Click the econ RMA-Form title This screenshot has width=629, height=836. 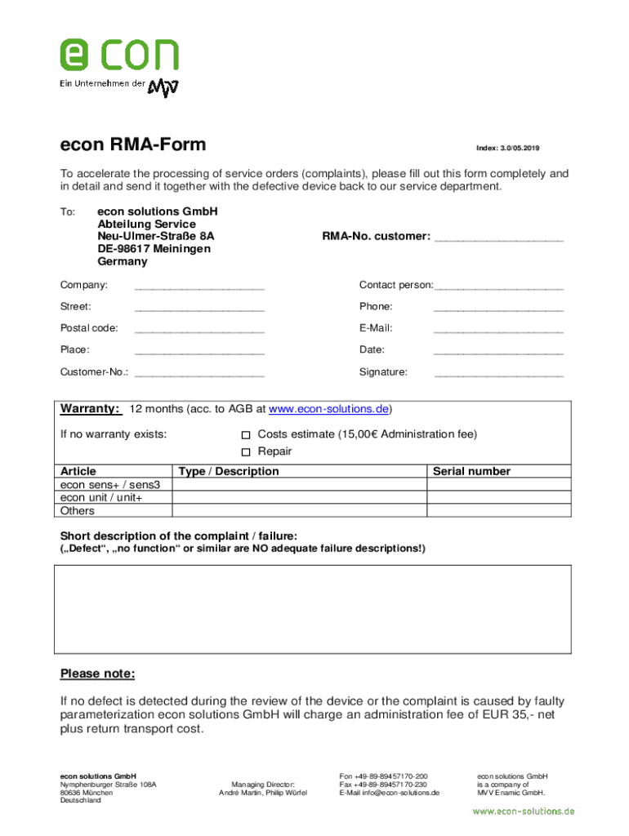coord(133,145)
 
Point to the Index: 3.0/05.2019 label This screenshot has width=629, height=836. coord(507,148)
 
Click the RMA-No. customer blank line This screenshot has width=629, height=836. coord(498,238)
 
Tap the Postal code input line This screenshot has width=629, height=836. coord(199,330)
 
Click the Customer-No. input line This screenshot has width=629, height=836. coord(199,374)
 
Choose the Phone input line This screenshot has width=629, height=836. coord(498,309)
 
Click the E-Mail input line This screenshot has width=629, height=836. coord(498,330)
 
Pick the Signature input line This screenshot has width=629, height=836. coord(498,374)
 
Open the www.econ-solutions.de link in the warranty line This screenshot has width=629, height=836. coord(328,409)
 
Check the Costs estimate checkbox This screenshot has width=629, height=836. coord(246,435)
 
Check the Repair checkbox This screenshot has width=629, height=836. coord(246,452)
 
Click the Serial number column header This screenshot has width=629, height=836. coord(471,471)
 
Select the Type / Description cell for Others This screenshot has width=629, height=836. coord(300,511)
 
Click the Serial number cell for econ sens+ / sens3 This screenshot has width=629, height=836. coord(498,484)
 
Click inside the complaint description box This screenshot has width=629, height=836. coord(314,608)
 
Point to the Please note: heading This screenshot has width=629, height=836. coord(97,674)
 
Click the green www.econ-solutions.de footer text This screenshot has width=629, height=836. coord(524,812)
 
